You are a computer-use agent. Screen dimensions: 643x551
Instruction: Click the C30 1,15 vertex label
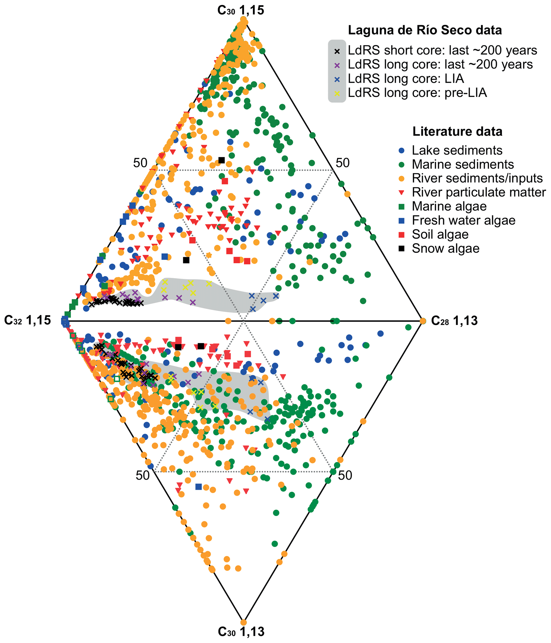(x=240, y=10)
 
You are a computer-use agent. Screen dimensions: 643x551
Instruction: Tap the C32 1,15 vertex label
(x=27, y=320)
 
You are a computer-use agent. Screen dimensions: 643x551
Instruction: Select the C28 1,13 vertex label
(x=454, y=321)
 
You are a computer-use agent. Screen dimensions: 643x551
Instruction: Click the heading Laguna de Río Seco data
(x=425, y=30)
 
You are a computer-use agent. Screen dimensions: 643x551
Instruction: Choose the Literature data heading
(x=457, y=132)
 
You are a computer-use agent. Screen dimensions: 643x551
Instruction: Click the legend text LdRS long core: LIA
(x=406, y=78)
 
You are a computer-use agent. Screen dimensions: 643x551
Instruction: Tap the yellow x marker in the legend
(x=337, y=93)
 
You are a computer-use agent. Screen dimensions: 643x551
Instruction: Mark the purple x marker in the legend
(x=337, y=65)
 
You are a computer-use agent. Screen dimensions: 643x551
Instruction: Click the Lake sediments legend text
(x=457, y=150)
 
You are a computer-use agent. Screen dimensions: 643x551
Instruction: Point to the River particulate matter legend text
(x=478, y=192)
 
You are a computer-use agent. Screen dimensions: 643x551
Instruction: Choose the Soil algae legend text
(x=440, y=234)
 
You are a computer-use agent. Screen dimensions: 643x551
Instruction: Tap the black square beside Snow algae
(x=402, y=248)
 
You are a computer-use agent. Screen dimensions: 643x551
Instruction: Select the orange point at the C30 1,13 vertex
(x=244, y=622)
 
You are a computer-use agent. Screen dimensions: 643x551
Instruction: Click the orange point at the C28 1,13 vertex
(x=423, y=321)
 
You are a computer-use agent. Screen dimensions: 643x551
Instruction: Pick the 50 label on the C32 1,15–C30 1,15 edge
(x=140, y=163)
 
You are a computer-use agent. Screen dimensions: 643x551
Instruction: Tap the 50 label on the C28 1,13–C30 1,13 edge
(x=345, y=475)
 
